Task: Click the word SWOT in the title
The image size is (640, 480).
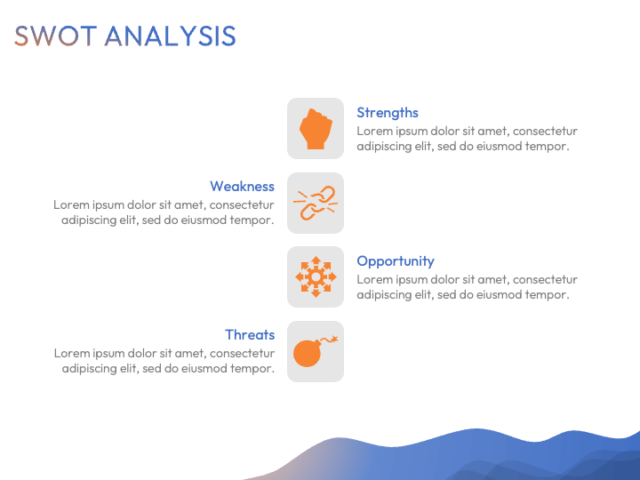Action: pos(55,36)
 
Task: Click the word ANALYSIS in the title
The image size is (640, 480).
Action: pos(170,36)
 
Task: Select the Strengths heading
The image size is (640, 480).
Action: pos(388,113)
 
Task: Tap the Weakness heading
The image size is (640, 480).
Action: pos(242,186)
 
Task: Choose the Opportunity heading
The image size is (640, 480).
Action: pos(395,261)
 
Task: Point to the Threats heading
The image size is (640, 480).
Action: pos(250,335)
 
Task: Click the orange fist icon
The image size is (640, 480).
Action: pos(316,129)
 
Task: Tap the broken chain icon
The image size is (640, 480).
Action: pos(316,203)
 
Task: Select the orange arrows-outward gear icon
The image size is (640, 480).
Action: pos(316,276)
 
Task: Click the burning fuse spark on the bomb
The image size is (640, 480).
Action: pos(334,339)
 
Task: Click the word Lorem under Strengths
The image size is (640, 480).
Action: pos(372,131)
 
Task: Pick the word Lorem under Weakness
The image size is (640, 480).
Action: pos(68,205)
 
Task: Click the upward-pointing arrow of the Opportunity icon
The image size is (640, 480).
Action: pos(316,260)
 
